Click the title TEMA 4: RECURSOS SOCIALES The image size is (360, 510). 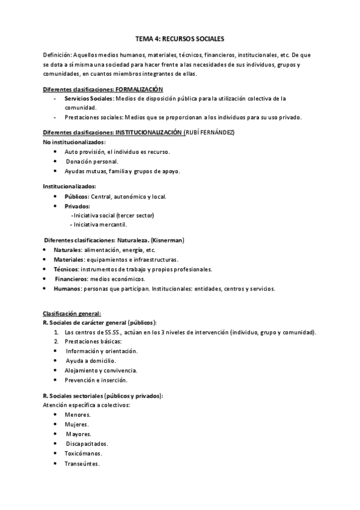(x=180, y=38)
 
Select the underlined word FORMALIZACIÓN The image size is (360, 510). (x=139, y=89)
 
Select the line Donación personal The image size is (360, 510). (x=93, y=161)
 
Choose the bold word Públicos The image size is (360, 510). (x=76, y=196)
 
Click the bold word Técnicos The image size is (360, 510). (x=66, y=269)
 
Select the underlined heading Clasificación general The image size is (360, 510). (x=72, y=313)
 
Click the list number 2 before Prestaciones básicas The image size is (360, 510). (x=56, y=341)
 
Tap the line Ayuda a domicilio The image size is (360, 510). (x=91, y=360)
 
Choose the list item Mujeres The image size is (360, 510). (x=77, y=424)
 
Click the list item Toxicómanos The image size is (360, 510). (x=83, y=453)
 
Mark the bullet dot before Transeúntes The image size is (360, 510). (x=55, y=463)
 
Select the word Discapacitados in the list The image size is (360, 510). (x=87, y=443)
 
